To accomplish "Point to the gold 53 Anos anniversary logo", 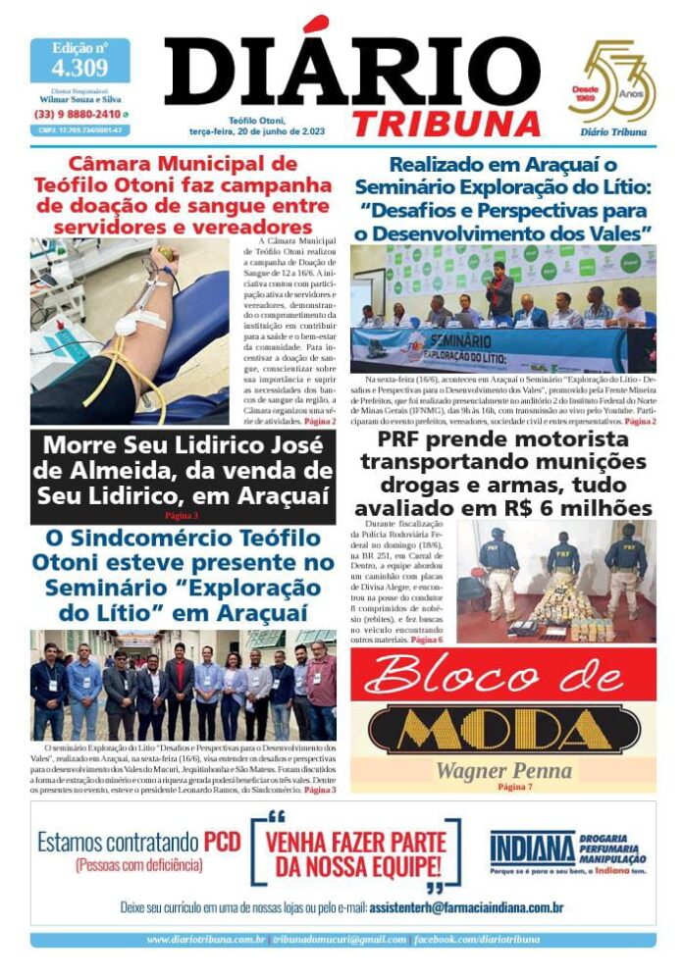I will coord(611,82).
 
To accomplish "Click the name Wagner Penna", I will coord(503,770).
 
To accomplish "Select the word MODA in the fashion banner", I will coord(503,728).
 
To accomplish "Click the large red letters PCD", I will coord(222,842).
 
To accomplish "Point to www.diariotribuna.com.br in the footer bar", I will coord(206,939).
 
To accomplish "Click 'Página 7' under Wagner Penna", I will coord(515,787).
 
